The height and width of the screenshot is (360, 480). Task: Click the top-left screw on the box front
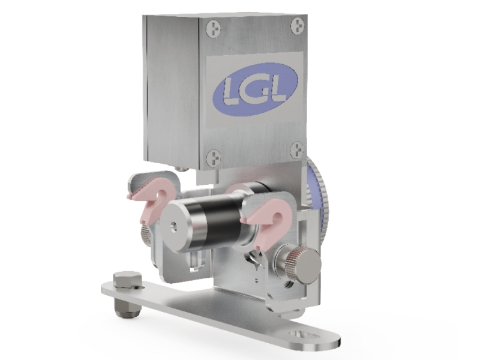(x=214, y=29)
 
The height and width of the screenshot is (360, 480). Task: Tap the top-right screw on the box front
(x=296, y=26)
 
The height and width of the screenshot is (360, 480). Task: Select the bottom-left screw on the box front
(x=214, y=158)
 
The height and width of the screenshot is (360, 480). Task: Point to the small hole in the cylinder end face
(x=173, y=226)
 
